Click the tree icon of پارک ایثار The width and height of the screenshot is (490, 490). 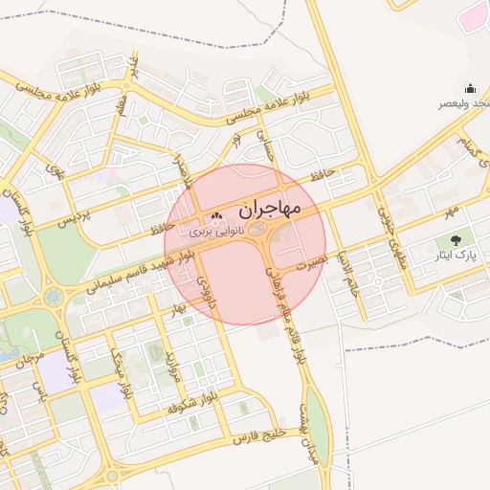(454, 241)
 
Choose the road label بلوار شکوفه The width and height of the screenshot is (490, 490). (195, 401)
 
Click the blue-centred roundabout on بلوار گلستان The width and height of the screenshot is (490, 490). (52, 298)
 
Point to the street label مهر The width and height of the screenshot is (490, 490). (451, 207)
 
